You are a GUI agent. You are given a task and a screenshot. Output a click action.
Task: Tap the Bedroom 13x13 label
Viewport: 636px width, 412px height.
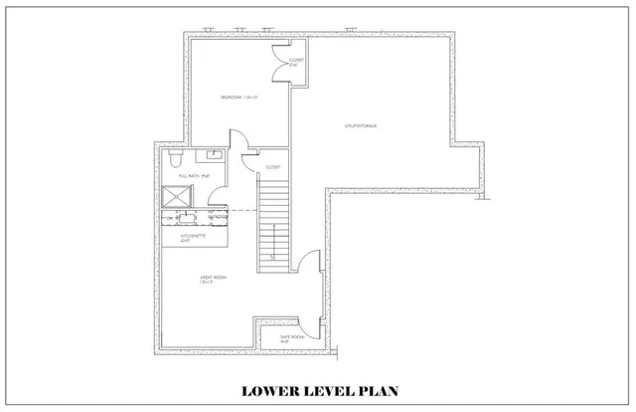(x=239, y=97)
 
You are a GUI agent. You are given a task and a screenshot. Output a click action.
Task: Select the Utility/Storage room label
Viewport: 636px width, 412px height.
(x=367, y=125)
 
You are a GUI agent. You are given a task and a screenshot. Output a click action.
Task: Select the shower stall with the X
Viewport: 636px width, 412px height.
(x=173, y=199)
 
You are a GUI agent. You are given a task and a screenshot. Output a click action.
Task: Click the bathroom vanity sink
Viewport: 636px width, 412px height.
(x=213, y=154)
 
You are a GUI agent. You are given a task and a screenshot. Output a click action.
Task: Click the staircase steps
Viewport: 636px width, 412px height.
(x=272, y=219)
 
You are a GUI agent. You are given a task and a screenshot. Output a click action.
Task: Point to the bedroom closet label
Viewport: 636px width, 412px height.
(x=296, y=63)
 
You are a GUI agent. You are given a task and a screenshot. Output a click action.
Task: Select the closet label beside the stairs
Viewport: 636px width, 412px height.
(x=272, y=166)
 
